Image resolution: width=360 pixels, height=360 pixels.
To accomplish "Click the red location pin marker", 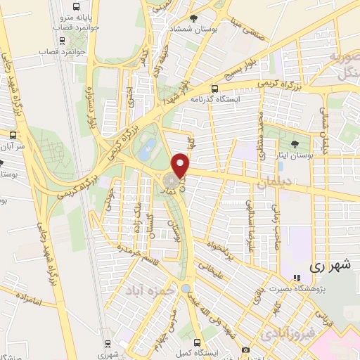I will click(182, 165).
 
